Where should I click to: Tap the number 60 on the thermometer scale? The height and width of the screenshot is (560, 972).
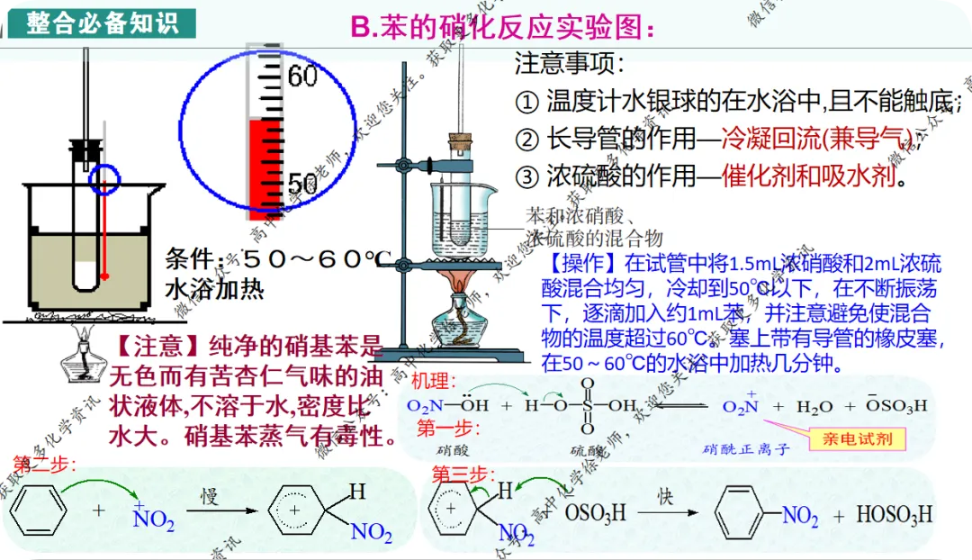pos(302,77)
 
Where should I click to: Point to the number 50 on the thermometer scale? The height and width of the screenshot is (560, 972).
pos(301,185)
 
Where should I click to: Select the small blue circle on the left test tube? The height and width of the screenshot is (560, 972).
pos(105,179)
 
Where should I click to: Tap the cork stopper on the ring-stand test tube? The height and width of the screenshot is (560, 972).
pos(461,141)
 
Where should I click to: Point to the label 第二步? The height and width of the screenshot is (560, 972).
pos(44,464)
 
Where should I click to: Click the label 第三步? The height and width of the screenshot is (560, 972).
pos(463,474)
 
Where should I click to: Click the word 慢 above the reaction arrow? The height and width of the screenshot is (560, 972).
pos(210,496)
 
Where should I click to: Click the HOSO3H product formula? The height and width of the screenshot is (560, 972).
pos(893,516)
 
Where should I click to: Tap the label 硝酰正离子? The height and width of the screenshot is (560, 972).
pos(746,448)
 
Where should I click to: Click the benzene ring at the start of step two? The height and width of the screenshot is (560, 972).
pos(38,512)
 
